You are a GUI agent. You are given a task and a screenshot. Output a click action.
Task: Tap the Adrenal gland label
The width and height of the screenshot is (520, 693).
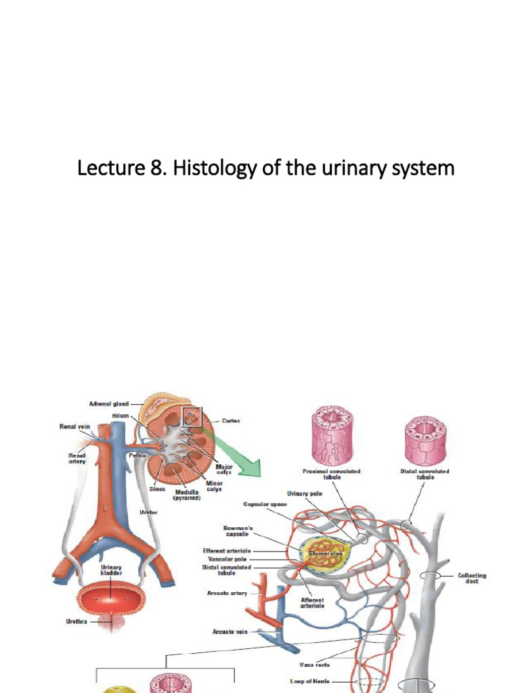pyautogui.click(x=109, y=404)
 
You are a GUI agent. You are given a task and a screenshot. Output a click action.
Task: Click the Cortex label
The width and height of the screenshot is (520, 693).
pyautogui.click(x=231, y=420)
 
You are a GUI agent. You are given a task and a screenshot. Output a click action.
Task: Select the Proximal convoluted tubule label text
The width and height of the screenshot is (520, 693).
pyautogui.click(x=331, y=474)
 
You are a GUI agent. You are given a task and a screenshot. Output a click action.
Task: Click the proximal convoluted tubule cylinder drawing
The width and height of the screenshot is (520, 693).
pyautogui.click(x=332, y=437)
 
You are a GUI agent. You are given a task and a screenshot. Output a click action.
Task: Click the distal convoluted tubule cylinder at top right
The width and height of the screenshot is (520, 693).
pyautogui.click(x=425, y=437)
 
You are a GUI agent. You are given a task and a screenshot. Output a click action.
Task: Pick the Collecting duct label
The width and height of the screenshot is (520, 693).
pyautogui.click(x=472, y=578)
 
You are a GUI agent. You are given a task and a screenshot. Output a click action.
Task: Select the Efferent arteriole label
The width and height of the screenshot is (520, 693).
pyautogui.click(x=227, y=551)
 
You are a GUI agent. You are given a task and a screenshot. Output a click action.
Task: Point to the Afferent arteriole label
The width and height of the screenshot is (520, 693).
pyautogui.click(x=312, y=602)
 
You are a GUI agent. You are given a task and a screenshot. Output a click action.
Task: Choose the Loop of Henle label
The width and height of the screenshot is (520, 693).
pyautogui.click(x=311, y=681)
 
